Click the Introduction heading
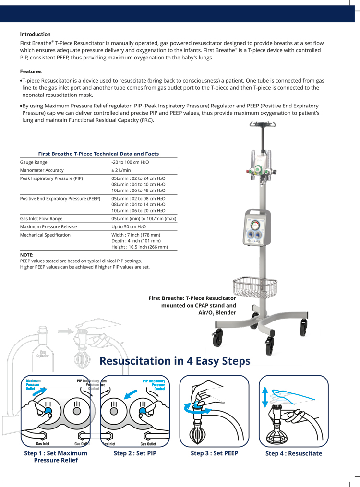35,34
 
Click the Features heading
31,71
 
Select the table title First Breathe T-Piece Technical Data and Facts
98,154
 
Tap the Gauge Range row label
34,163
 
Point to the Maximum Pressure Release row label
48,226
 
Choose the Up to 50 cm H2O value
129,226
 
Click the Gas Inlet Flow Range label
41,219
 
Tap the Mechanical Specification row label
45,235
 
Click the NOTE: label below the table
26,255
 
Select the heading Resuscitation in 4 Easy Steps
175,361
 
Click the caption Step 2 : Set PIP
135,453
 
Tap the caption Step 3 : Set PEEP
214,453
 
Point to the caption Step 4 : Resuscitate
294,453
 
